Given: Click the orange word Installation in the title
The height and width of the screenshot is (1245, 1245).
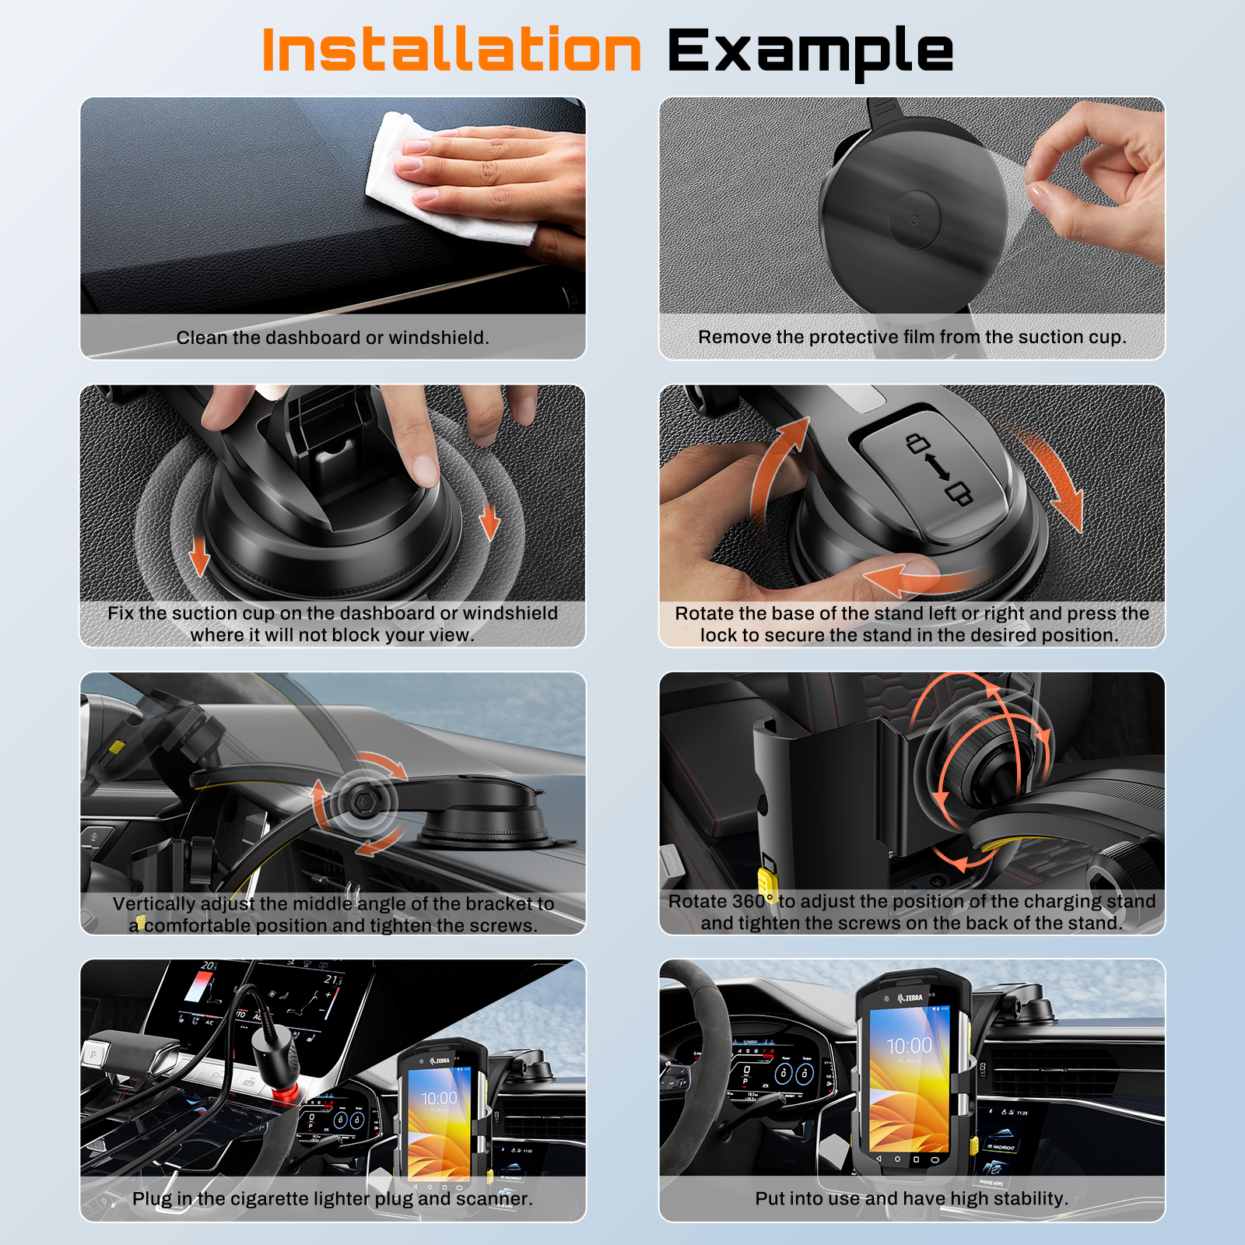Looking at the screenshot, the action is pyautogui.click(x=451, y=50).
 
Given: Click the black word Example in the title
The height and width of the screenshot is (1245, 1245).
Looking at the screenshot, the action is pyautogui.click(x=810, y=53).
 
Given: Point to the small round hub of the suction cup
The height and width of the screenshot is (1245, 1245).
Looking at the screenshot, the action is pyautogui.click(x=914, y=220).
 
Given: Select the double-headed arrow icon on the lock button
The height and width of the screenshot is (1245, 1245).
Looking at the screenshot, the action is pyautogui.click(x=937, y=467).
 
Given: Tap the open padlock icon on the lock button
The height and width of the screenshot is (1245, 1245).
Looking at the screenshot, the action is pyautogui.click(x=918, y=443).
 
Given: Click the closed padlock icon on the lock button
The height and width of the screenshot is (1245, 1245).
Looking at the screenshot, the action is pyautogui.click(x=959, y=493).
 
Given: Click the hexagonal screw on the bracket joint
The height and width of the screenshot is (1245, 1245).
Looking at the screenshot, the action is pyautogui.click(x=361, y=801).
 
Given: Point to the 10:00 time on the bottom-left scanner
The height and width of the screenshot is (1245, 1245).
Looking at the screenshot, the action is pyautogui.click(x=439, y=1098).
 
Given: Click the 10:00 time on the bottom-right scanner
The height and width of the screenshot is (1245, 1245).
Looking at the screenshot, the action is pyautogui.click(x=909, y=1045).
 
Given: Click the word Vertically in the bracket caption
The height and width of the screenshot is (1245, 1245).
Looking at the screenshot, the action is pyautogui.click(x=154, y=904).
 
